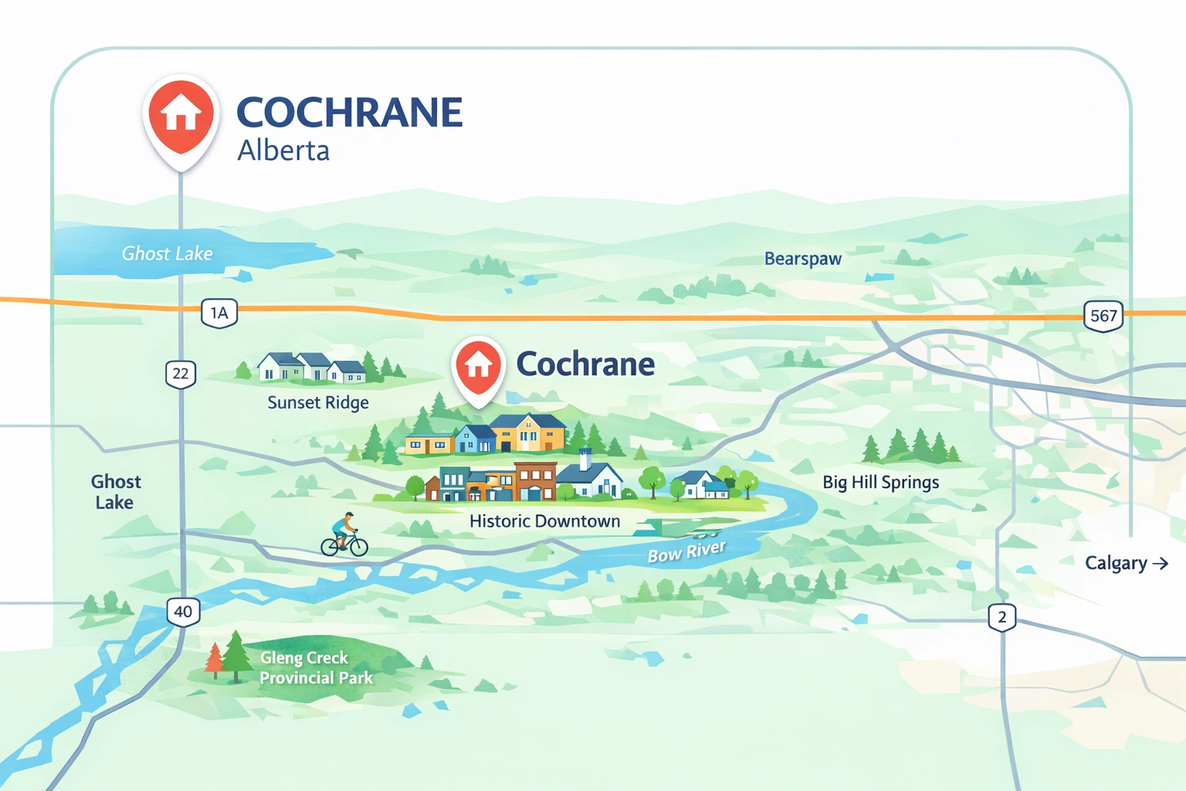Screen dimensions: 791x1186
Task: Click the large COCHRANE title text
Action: point(349,113)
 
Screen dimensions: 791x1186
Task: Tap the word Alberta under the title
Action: point(283,151)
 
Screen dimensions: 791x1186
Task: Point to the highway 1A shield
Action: point(219,313)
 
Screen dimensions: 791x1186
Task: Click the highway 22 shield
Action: point(181,374)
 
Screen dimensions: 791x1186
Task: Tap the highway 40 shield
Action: point(183,612)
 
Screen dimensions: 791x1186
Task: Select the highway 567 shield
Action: point(1103,315)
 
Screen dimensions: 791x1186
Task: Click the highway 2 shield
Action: point(1001,617)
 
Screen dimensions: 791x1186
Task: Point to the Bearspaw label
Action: point(803,259)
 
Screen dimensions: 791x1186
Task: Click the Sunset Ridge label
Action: point(318,402)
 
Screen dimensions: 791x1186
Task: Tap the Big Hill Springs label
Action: point(881,482)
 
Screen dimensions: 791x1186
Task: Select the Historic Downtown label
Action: point(545,521)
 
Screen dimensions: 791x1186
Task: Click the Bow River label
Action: point(686,552)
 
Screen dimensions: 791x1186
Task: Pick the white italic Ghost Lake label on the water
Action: point(167,253)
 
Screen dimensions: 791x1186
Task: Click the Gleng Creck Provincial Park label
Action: point(316,668)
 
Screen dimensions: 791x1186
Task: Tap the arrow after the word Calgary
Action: point(1160,564)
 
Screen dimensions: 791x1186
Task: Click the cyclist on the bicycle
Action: point(344,536)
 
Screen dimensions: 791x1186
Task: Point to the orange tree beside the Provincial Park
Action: point(215,660)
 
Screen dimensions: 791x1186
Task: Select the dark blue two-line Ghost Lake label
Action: point(115,492)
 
